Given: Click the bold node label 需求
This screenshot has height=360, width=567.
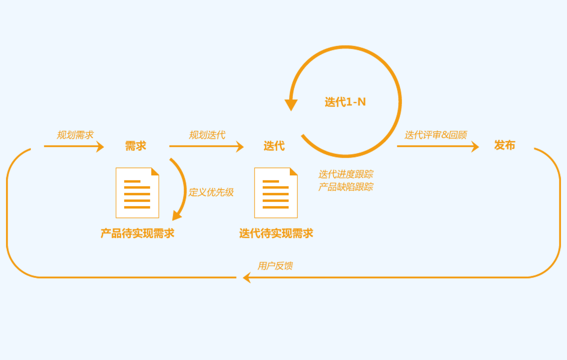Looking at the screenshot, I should [136, 146].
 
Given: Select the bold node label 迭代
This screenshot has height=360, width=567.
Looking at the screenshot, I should [274, 146].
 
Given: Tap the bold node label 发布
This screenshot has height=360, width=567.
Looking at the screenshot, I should [505, 145].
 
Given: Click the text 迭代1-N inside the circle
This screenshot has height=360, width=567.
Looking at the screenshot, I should [345, 102].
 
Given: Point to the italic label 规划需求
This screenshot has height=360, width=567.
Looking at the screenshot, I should [75, 135].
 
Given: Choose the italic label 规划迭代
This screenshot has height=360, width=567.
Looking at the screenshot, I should [207, 135].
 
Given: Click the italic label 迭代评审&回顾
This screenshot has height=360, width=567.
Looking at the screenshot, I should [436, 135].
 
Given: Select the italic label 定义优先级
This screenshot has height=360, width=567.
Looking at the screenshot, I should [211, 192].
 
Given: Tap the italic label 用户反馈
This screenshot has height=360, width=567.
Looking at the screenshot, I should [275, 266].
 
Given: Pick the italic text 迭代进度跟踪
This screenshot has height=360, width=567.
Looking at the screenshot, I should [346, 174].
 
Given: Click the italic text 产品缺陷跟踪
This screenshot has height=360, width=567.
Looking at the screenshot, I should [346, 187].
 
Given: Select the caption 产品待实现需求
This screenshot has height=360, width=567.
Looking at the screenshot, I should [137, 233].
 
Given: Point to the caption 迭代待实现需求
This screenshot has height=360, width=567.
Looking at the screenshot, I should [276, 233].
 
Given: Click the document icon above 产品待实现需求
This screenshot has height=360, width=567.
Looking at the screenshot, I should [137, 193].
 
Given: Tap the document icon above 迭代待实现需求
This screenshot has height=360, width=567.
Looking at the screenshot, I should [276, 193].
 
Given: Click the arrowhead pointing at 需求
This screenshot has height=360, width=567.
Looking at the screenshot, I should [100, 146].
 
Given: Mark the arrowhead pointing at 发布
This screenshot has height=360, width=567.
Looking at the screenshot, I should [475, 146].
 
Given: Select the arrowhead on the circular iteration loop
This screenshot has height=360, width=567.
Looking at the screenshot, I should [291, 105].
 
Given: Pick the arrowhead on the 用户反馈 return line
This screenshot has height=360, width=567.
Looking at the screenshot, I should [247, 277].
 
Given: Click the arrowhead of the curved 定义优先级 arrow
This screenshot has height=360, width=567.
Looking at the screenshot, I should [176, 216].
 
